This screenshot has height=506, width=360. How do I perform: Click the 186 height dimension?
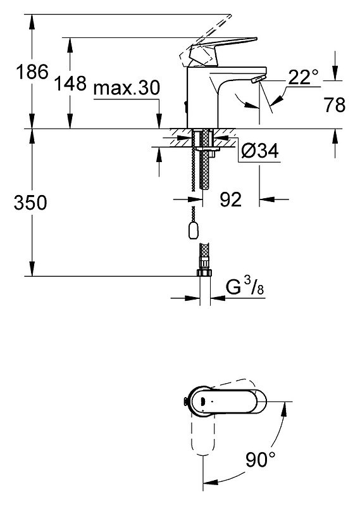32,72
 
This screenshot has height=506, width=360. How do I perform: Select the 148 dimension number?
70,84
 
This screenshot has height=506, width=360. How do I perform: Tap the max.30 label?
127,88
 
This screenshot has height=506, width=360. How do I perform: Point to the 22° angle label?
303,77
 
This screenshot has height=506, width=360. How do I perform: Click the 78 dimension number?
335,105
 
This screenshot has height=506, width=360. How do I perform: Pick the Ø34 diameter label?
260,150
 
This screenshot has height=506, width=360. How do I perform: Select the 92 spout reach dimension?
231,199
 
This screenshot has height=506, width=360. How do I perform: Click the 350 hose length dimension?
30,203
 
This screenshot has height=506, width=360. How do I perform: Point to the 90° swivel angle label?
261,459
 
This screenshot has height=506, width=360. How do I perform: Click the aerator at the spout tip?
258,79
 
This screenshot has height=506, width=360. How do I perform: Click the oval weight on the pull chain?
193,230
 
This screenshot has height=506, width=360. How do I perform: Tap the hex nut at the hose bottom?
204,272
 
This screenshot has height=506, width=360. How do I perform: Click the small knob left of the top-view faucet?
185,402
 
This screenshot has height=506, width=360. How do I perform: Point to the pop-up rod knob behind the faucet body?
185,107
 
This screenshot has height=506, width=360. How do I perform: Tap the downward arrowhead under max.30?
159,122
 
